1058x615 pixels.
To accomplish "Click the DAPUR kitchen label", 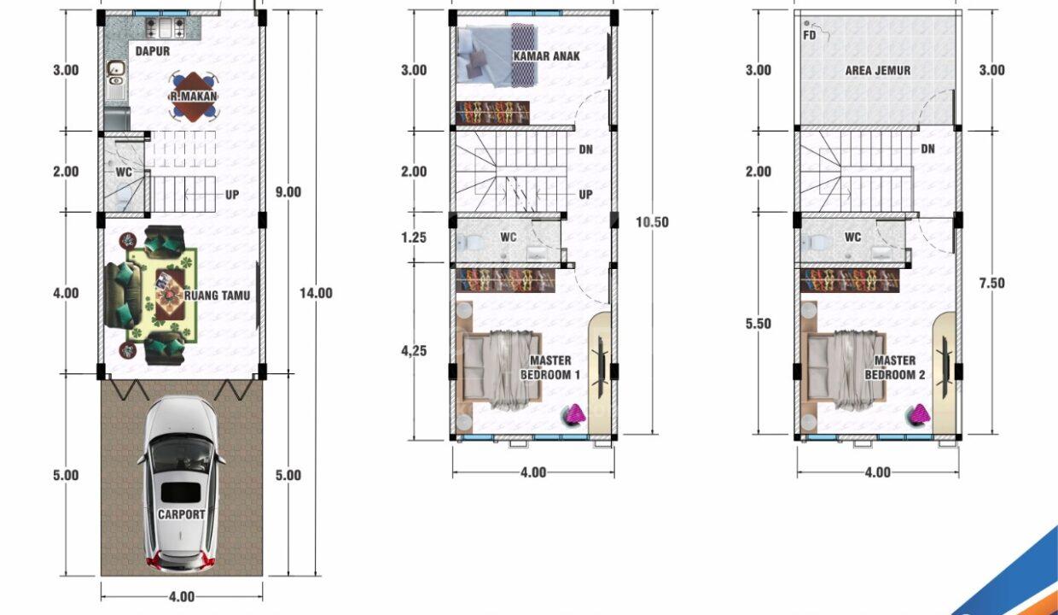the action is pyautogui.click(x=152, y=51).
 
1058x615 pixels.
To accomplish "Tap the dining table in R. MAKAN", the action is pyautogui.click(x=194, y=97).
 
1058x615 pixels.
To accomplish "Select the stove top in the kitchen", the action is pyautogui.click(x=166, y=28).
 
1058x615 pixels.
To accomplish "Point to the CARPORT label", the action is pyautogui.click(x=182, y=514).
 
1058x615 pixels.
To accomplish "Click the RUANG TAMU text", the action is pyautogui.click(x=217, y=296).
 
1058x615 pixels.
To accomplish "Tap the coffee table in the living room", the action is pyautogui.click(x=169, y=294).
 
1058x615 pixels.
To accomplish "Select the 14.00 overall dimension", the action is pyautogui.click(x=316, y=293).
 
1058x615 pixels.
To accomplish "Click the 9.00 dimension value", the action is pyautogui.click(x=288, y=192).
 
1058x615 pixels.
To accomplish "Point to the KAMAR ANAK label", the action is pyautogui.click(x=546, y=56).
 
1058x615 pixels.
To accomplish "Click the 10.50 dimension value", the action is pyautogui.click(x=652, y=222).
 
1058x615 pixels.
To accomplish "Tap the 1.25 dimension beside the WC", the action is pyautogui.click(x=414, y=237).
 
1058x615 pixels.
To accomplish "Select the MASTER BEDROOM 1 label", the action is pyautogui.click(x=550, y=367).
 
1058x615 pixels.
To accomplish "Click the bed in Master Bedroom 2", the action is pyautogui.click(x=846, y=370).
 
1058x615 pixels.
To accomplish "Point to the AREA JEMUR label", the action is pyautogui.click(x=878, y=70).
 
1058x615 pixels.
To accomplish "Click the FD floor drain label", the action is pyautogui.click(x=809, y=36).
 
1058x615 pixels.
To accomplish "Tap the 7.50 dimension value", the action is pyautogui.click(x=991, y=283).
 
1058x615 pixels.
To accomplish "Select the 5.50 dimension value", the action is pyautogui.click(x=758, y=324).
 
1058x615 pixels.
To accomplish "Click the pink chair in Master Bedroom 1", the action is pyautogui.click(x=573, y=416).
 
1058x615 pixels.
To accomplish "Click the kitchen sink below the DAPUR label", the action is pyautogui.click(x=115, y=74).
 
